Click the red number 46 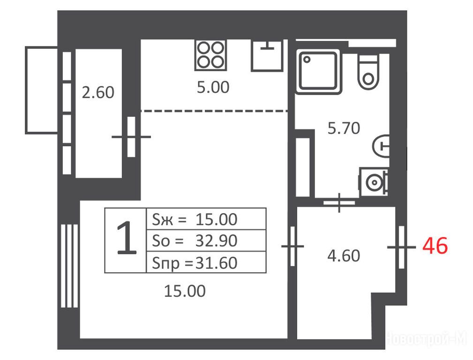click(x=435, y=246)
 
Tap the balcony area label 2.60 click(x=98, y=92)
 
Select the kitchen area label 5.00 click(x=213, y=87)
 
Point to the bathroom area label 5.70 click(x=344, y=128)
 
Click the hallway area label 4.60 click(x=344, y=255)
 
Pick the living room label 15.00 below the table click(x=185, y=291)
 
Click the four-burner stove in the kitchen click(x=210, y=55)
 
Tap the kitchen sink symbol click(x=267, y=55)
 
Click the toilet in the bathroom click(x=368, y=72)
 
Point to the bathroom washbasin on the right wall click(x=381, y=146)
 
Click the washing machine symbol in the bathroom click(x=374, y=182)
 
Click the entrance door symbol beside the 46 click(x=401, y=247)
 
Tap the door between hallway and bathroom click(x=339, y=202)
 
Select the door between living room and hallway click(x=293, y=246)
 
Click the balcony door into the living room click(x=131, y=137)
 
